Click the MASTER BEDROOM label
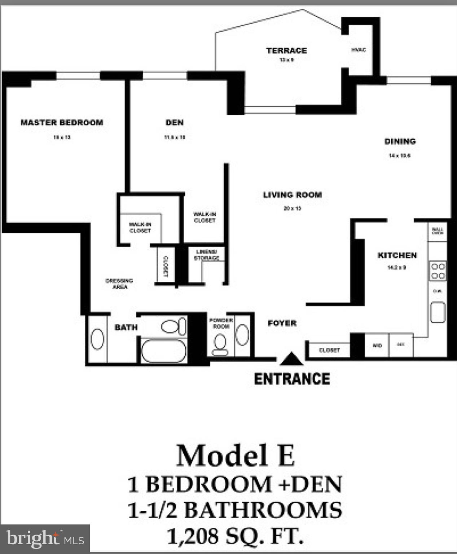click(62, 123)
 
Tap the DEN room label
click(175, 123)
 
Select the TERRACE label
click(287, 50)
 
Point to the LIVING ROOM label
click(293, 195)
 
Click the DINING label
click(400, 141)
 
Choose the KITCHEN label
click(397, 255)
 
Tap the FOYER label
click(282, 323)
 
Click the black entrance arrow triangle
click(291, 359)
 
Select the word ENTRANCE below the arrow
click(292, 379)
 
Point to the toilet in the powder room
click(220, 344)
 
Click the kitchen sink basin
click(438, 312)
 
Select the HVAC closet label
click(359, 50)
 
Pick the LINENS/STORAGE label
click(207, 255)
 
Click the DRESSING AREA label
click(119, 283)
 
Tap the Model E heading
click(236, 456)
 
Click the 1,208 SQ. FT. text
click(235, 536)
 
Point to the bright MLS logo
click(45, 539)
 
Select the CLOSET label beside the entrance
click(329, 350)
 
